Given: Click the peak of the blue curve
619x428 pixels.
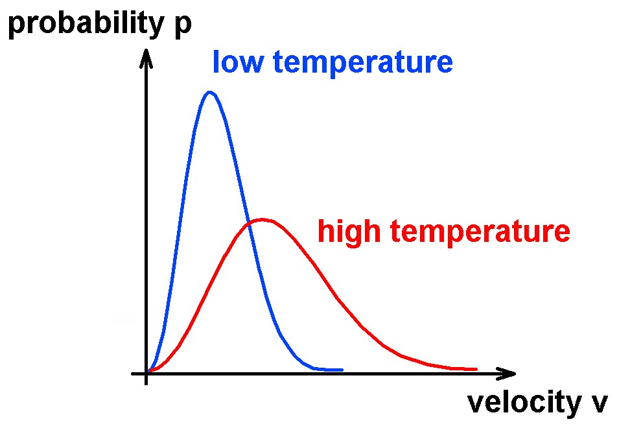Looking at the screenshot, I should pyautogui.click(x=209, y=92).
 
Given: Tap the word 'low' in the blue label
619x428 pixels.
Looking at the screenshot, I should pyautogui.click(x=236, y=63).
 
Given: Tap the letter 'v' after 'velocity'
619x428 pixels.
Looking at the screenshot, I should pyautogui.click(x=598, y=404).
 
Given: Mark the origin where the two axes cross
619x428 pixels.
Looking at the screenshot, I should pyautogui.click(x=147, y=374).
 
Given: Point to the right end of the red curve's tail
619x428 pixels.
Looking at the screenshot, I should pyautogui.click(x=476, y=369).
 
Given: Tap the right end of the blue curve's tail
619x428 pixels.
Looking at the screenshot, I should pyautogui.click(x=341, y=370).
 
